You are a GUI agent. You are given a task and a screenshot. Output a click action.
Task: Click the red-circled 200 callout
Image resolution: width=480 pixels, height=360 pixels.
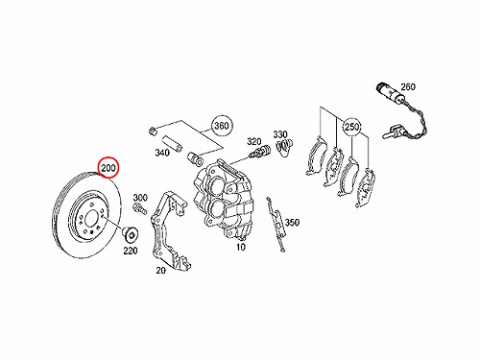108,167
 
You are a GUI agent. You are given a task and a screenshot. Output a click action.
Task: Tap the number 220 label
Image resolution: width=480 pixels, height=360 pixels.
131,251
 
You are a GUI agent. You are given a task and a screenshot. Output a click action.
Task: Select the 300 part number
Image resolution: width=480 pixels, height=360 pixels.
140,198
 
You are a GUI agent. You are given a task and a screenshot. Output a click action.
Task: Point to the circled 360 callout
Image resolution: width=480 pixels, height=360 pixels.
222,126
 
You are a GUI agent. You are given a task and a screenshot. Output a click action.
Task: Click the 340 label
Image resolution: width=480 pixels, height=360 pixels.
162,153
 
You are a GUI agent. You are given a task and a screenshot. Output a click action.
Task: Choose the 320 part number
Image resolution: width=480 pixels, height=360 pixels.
254,141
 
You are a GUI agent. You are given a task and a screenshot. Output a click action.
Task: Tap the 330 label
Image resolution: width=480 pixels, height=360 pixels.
280,134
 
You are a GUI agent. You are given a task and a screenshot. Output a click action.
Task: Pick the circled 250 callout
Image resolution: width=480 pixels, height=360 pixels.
351,127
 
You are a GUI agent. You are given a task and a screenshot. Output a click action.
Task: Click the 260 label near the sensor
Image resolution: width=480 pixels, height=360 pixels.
408,86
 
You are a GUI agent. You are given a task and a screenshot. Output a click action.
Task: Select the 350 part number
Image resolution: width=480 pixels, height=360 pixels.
292,222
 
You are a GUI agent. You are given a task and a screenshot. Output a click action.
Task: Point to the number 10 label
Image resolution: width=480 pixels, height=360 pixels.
241,247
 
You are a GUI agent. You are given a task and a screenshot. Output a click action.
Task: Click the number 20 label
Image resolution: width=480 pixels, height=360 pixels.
160,271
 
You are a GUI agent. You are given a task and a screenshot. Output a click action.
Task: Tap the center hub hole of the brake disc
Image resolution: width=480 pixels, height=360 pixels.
91,218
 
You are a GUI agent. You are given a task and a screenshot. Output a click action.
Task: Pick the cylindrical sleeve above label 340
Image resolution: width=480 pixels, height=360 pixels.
171,142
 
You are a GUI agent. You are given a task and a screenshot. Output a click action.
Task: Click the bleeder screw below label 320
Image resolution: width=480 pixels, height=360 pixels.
259,152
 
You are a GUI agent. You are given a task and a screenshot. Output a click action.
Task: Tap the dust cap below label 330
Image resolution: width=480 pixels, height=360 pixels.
284,147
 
